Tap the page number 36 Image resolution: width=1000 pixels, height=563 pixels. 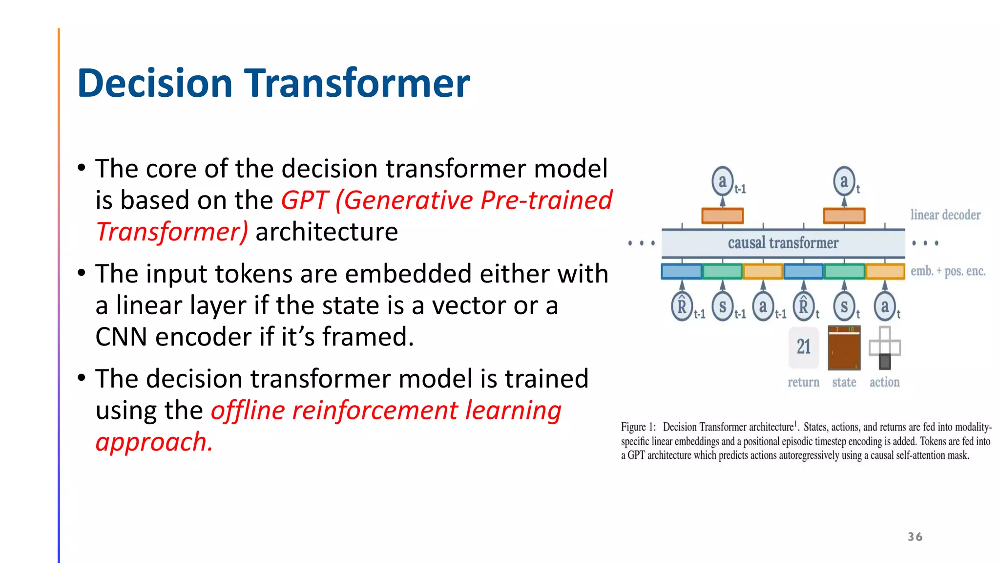(x=915, y=537)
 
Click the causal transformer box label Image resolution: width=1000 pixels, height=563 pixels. (x=783, y=243)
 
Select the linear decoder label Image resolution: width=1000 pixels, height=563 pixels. (x=945, y=215)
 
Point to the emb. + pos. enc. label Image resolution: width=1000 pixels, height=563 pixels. (x=948, y=271)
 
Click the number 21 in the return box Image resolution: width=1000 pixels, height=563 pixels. (x=803, y=347)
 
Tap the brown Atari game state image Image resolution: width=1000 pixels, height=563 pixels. (x=844, y=348)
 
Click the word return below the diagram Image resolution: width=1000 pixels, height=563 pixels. (x=803, y=382)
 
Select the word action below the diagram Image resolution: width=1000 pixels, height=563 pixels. (x=884, y=382)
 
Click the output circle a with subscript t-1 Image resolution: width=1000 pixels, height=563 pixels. (x=722, y=181)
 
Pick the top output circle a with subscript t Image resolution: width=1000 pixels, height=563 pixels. (x=844, y=181)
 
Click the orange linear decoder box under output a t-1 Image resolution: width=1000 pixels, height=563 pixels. (x=722, y=216)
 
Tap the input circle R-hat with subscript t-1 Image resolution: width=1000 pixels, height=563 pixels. (x=682, y=307)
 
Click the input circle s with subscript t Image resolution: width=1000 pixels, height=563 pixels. (x=844, y=307)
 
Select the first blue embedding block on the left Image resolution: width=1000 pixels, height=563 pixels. (x=682, y=271)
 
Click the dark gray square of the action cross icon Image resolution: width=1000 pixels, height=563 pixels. (x=884, y=362)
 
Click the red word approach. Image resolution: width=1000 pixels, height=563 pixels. (x=153, y=442)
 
